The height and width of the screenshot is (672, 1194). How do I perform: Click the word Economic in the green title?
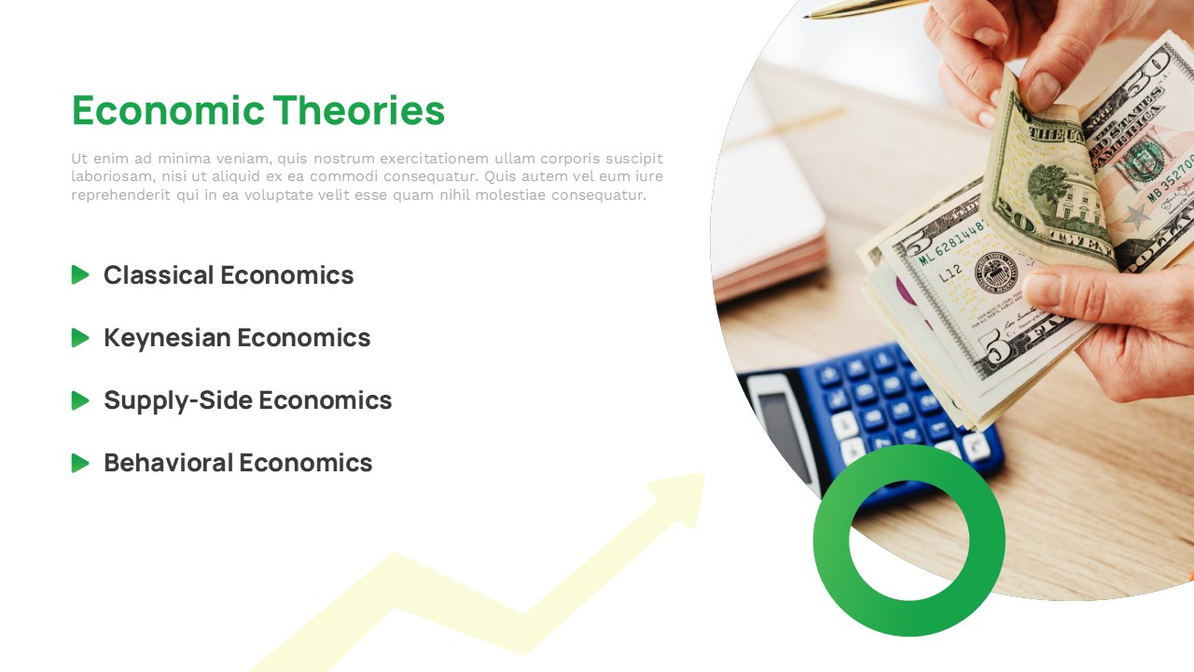(168, 110)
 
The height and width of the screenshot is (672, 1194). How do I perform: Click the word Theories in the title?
(359, 110)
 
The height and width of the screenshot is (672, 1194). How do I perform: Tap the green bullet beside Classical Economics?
(80, 274)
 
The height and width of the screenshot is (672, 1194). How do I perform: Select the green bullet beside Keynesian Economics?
(80, 338)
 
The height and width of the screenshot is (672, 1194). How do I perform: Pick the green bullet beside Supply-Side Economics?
(80, 400)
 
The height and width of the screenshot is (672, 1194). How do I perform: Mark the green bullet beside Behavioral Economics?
(80, 462)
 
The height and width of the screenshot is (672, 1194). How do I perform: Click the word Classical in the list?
(159, 275)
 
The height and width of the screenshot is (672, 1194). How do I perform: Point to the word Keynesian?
(167, 339)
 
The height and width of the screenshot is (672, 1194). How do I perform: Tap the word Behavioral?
(167, 462)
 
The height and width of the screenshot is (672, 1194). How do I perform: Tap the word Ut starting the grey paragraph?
(79, 159)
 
